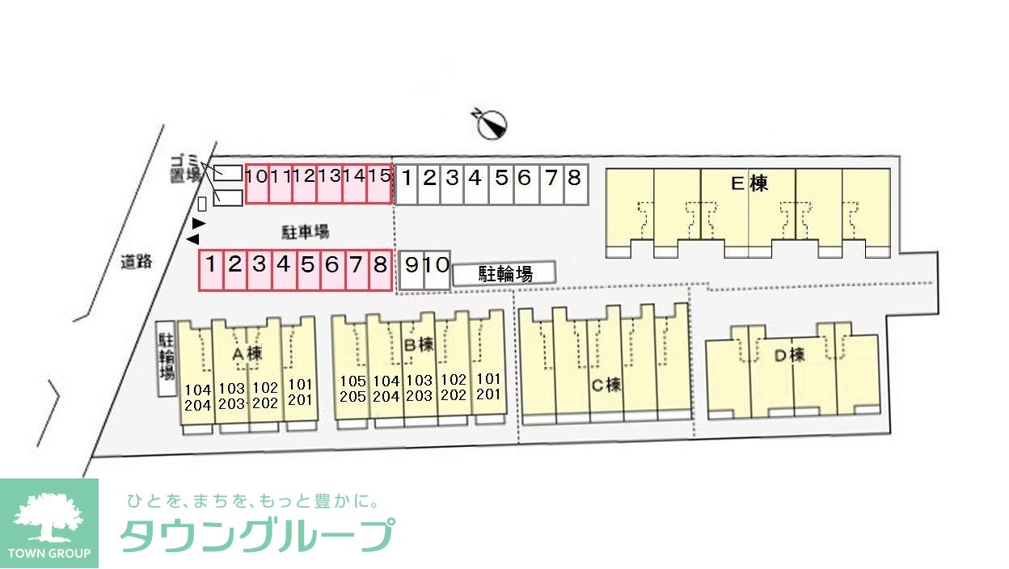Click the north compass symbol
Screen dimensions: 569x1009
pos(492,124)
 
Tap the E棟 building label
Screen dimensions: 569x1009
pos(748,183)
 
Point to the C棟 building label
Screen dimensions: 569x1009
pos(606,385)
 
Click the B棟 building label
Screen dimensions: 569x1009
pos(419,344)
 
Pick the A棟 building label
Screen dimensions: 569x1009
pos(247,353)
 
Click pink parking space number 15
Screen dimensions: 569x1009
pos(379,175)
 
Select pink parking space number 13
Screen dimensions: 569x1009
pos(329,175)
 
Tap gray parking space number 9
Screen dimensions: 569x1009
pos(412,264)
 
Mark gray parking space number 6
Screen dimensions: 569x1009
pos(524,177)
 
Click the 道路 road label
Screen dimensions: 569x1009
pos(137,261)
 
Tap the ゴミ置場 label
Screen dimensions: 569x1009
pos(185,168)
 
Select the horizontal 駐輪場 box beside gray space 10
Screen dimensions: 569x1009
pos(504,273)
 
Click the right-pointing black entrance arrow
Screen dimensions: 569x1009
pos(199,222)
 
